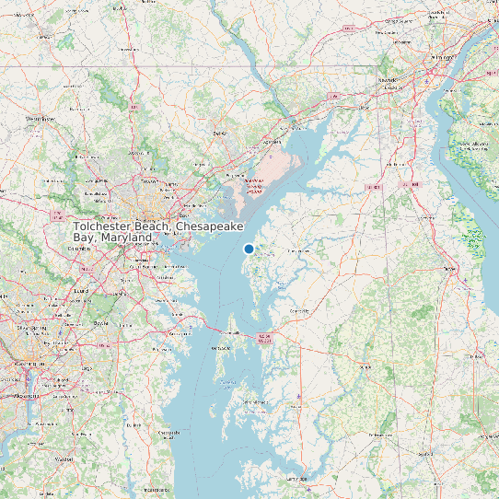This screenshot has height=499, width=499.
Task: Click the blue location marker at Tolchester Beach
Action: click(249, 249)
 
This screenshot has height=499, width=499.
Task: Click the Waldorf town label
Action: click(64, 458)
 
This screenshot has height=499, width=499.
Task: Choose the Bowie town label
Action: click(101, 324)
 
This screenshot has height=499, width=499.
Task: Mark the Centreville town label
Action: click(299, 311)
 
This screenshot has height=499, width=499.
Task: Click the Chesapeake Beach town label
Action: click(168, 432)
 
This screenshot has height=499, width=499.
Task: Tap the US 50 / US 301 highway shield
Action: click(265, 337)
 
